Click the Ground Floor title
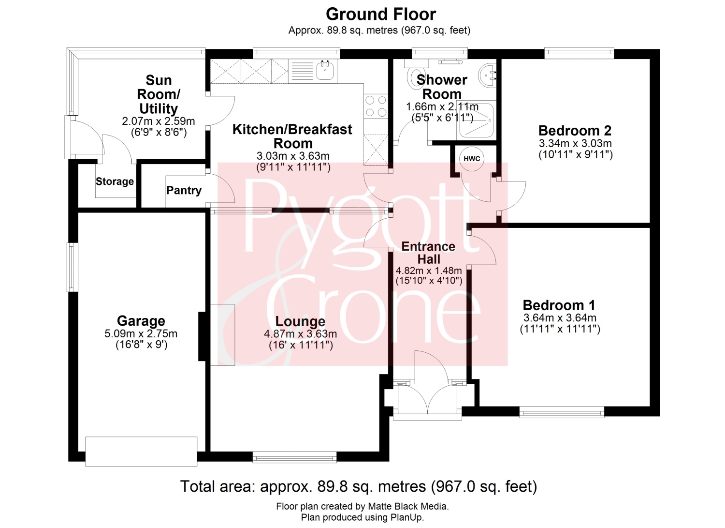381,14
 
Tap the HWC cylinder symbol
472,159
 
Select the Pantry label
184,190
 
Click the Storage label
115,181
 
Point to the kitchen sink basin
325,70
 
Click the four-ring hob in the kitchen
376,106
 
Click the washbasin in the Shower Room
487,75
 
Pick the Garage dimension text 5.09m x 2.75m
141,333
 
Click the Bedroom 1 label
559,305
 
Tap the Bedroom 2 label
575,131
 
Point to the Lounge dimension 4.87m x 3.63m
300,334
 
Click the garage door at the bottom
141,452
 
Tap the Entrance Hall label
429,253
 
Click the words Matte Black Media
408,506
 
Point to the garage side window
71,268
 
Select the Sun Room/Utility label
159,94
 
